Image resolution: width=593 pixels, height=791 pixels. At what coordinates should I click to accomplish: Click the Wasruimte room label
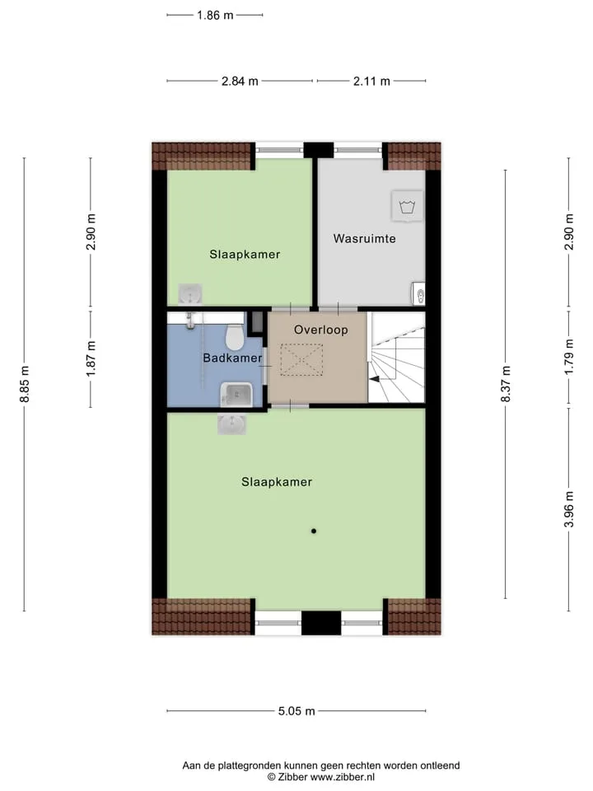[x=364, y=238]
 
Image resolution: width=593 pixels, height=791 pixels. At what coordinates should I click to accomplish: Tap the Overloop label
[x=320, y=330]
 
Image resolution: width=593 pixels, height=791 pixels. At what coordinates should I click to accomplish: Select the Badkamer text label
[x=232, y=358]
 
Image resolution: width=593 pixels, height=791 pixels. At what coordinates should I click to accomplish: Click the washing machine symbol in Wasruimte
[x=407, y=206]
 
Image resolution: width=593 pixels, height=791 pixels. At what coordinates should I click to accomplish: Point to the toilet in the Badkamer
[x=234, y=337]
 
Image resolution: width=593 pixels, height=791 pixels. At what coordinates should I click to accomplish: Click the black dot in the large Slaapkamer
[x=314, y=531]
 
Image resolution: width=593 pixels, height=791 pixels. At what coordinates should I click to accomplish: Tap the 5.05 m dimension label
[x=296, y=711]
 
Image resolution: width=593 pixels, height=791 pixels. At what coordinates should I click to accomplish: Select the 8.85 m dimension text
[x=24, y=385]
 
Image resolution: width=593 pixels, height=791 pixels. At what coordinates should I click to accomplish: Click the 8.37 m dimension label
[x=506, y=384]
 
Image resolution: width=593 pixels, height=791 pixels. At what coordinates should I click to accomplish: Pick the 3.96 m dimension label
[x=569, y=509]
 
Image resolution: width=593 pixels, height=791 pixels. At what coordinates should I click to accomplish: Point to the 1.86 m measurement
[x=215, y=15]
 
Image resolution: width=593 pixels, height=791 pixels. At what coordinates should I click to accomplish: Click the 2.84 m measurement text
[x=240, y=81]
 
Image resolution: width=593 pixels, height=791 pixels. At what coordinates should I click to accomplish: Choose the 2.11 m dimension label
[x=371, y=81]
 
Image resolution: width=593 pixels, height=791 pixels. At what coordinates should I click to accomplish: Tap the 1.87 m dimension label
[x=91, y=358]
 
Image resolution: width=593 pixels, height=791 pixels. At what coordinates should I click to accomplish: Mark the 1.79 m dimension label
[x=569, y=357]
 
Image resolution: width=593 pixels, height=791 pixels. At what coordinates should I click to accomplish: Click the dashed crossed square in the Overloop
[x=301, y=360]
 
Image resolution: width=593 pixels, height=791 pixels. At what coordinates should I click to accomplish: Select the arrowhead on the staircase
[x=374, y=379]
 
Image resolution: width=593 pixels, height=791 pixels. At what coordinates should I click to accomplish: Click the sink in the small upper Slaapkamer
[x=190, y=294]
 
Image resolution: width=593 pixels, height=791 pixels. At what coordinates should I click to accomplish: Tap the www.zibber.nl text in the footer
[x=343, y=777]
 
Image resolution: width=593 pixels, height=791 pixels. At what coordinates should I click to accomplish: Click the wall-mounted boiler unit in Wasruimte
[x=418, y=293]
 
